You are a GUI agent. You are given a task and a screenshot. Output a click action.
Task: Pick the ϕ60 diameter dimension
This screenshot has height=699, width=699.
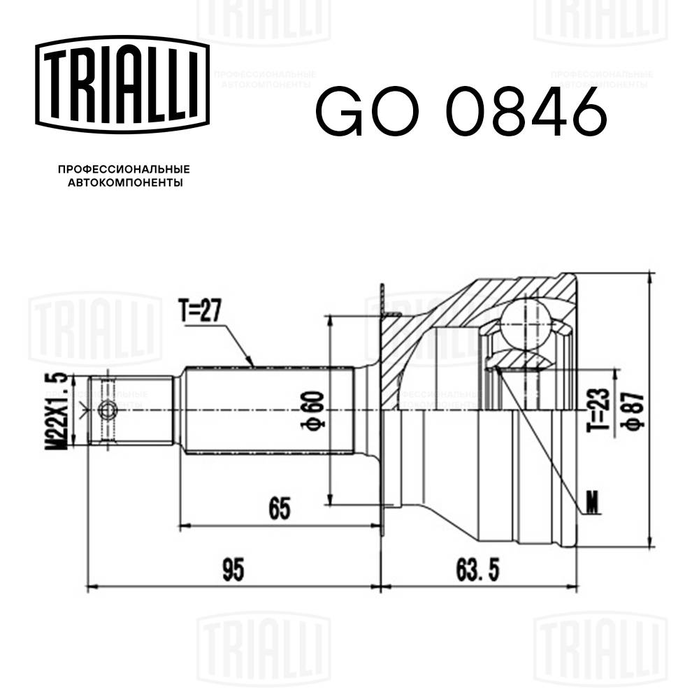tap(315, 410)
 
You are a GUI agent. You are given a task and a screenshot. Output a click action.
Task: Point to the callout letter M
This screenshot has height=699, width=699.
tap(593, 501)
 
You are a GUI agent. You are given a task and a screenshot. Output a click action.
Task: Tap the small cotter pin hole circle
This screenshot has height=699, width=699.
tap(107, 410)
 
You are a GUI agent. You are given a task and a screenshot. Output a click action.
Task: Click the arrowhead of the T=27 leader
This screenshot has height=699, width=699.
tap(254, 363)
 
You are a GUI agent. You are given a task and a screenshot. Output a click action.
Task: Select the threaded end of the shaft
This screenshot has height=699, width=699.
tap(133, 410)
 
